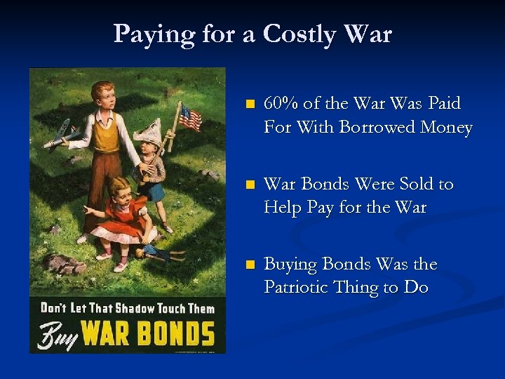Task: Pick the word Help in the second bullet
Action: coord(284,208)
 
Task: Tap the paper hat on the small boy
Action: coord(150,133)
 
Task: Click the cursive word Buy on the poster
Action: coord(58,334)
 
